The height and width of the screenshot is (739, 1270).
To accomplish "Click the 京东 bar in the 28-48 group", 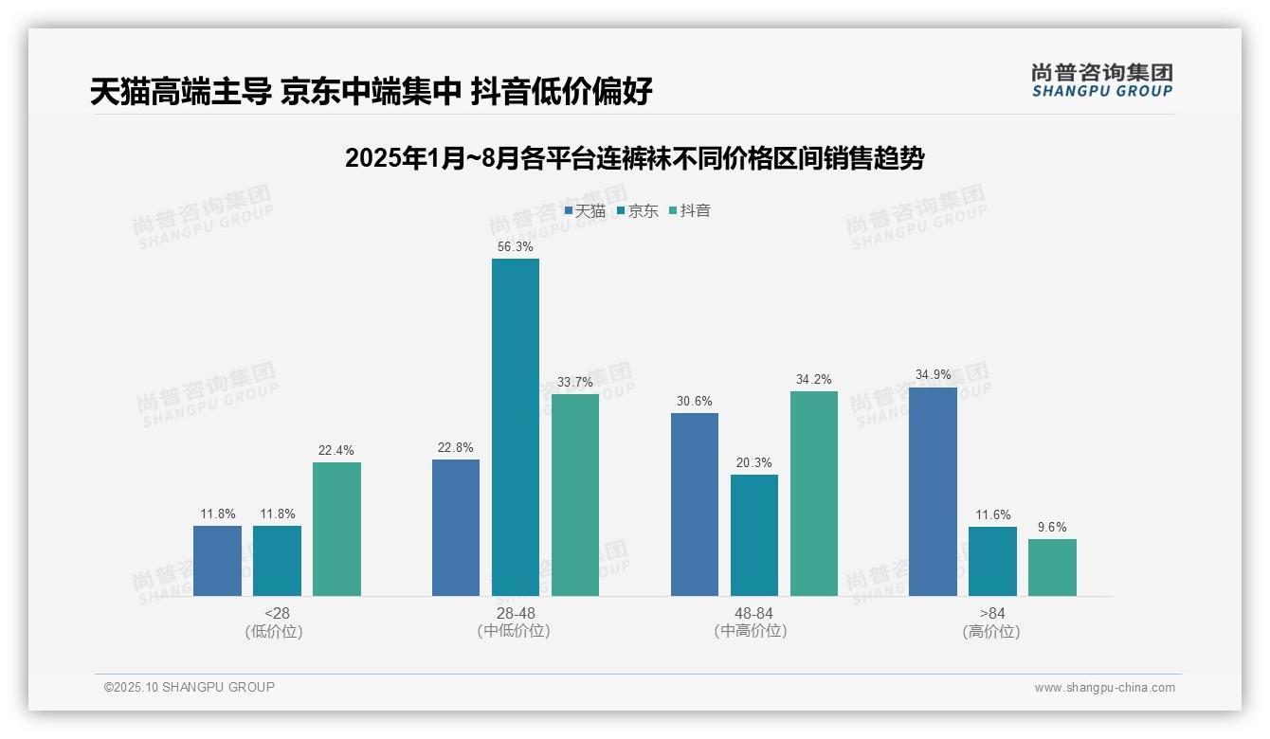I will [515, 426].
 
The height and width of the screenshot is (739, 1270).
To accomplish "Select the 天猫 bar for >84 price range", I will [933, 491].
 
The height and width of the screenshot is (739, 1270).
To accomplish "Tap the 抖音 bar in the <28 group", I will [336, 529].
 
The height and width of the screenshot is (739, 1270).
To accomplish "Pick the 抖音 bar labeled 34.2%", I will [813, 493].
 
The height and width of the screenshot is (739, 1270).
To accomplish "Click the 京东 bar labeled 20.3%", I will [753, 534].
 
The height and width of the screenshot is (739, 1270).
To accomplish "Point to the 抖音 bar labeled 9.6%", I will [1052, 567].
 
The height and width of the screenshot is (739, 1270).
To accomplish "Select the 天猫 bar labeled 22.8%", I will [456, 527].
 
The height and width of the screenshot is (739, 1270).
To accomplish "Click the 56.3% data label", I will [515, 246].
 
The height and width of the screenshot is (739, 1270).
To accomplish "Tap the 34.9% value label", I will [933, 375].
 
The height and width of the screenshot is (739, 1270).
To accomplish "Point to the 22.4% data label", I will [336, 450].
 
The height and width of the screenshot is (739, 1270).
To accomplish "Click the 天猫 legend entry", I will [585, 210].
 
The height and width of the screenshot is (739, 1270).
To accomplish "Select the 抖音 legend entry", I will [690, 210].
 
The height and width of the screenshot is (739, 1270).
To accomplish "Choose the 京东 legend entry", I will [637, 210].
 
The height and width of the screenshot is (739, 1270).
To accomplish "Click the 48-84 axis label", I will [753, 613].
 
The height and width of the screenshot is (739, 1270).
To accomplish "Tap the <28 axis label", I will [277, 613].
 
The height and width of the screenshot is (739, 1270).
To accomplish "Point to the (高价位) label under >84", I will [991, 631].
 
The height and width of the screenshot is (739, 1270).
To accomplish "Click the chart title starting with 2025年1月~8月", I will [634, 158].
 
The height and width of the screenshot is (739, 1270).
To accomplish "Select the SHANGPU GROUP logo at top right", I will [1101, 81].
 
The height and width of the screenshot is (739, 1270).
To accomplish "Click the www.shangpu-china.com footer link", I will [1104, 688].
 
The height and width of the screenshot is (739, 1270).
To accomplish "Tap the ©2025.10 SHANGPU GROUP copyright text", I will [190, 687].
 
